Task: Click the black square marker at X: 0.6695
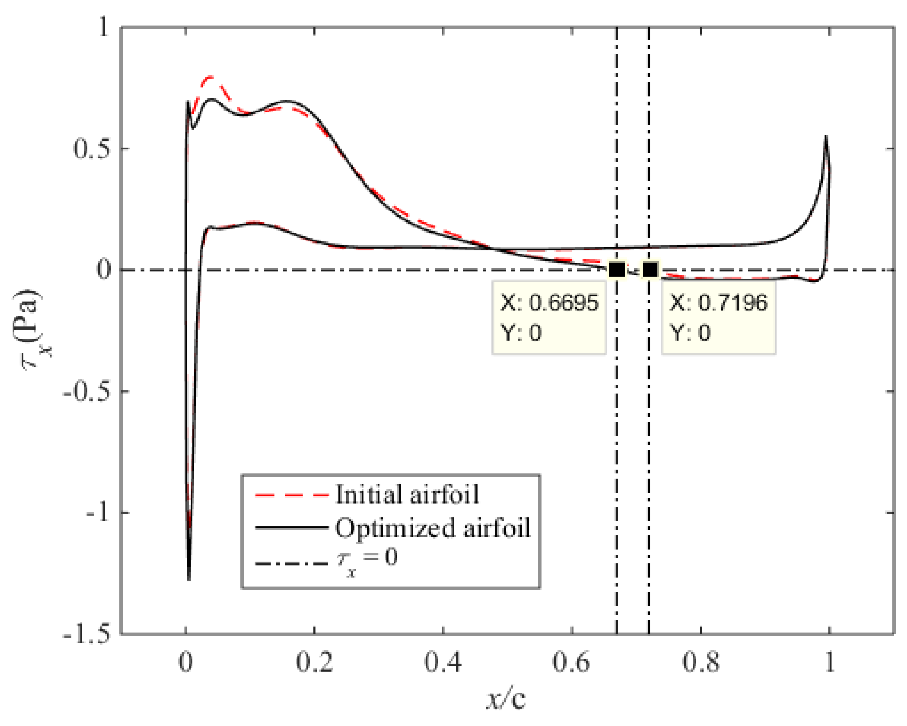pyautogui.click(x=617, y=269)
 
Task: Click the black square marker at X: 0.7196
pyautogui.click(x=650, y=269)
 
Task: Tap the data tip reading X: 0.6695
pyautogui.click(x=549, y=317)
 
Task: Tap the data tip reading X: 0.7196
pyautogui.click(x=718, y=317)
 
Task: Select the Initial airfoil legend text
pyautogui.click(x=407, y=494)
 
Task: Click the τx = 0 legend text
pyautogui.click(x=367, y=560)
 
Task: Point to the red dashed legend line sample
pyautogui.click(x=292, y=495)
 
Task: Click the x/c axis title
pyautogui.click(x=506, y=699)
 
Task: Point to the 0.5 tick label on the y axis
pyautogui.click(x=91, y=149)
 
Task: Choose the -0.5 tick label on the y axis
pyautogui.click(x=86, y=391)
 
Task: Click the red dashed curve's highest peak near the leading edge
pyautogui.click(x=210, y=77)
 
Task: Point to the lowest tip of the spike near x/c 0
pyautogui.click(x=189, y=580)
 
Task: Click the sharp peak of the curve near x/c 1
pyautogui.click(x=826, y=137)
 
